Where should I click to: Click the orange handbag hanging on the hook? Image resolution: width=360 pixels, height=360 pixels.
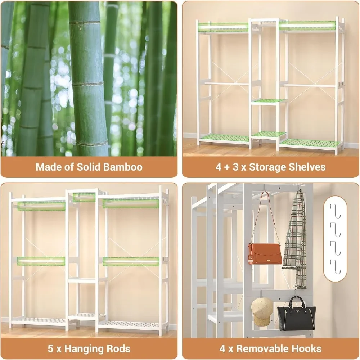coord(265,253)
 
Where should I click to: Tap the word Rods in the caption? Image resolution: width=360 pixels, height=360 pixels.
coord(116,348)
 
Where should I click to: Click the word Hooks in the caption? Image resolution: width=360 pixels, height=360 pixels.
coord(306,348)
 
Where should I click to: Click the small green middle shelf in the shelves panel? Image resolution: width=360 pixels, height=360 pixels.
coord(268,101)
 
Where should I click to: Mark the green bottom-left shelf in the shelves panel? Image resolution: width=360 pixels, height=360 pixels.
coord(224,138)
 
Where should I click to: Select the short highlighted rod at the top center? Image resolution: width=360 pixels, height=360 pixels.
coord(84,197)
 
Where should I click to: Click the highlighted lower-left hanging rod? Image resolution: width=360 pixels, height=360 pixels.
coord(41,261)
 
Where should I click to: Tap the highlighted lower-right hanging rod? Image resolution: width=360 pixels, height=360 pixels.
coord(131,261)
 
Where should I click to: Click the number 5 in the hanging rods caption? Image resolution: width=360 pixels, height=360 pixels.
coord(51,348)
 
